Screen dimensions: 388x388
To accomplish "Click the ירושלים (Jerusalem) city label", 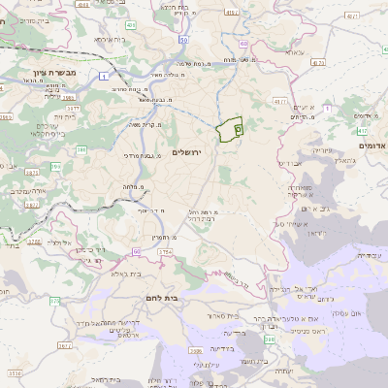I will click(x=189, y=153).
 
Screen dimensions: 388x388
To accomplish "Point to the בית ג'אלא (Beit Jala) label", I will click(x=104, y=275).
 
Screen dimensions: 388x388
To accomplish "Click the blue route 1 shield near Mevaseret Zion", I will click(x=103, y=74).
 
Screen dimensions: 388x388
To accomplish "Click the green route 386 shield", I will click(x=82, y=150).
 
